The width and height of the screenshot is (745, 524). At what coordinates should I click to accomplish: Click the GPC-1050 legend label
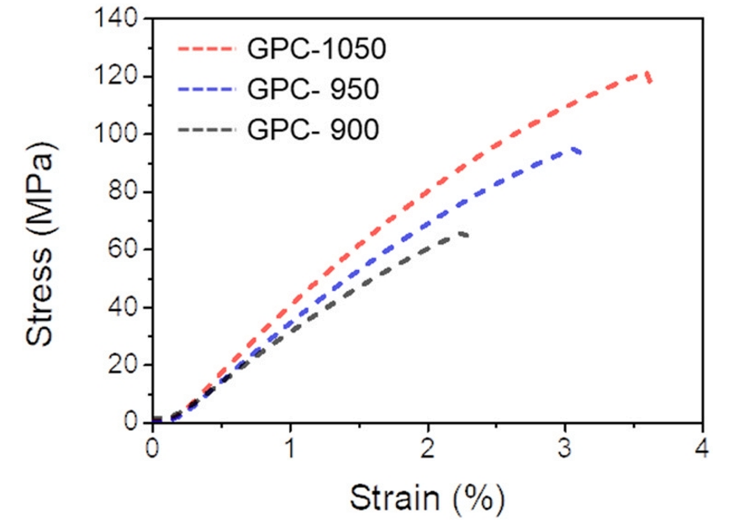coord(316,49)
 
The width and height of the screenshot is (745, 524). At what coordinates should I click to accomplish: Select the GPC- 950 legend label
coord(313,88)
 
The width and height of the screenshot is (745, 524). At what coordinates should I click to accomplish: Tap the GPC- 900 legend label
coord(313,130)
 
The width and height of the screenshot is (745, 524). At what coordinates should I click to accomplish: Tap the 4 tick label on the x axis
coord(702,446)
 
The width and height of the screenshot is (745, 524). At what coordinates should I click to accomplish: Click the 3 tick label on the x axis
coord(565,446)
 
